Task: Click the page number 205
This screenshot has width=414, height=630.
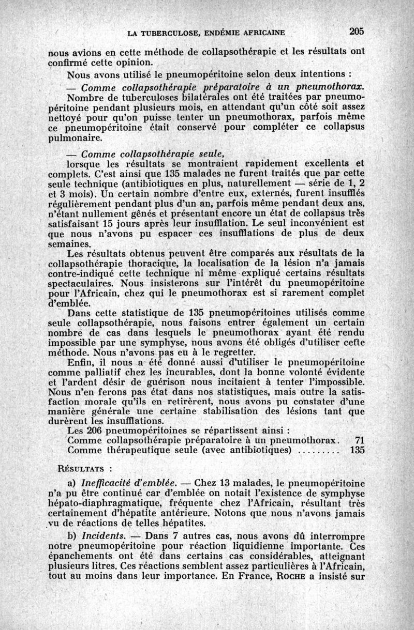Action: click(x=357, y=31)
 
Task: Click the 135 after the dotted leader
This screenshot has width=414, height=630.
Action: click(x=357, y=450)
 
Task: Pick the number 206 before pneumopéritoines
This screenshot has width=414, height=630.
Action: click(x=96, y=430)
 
